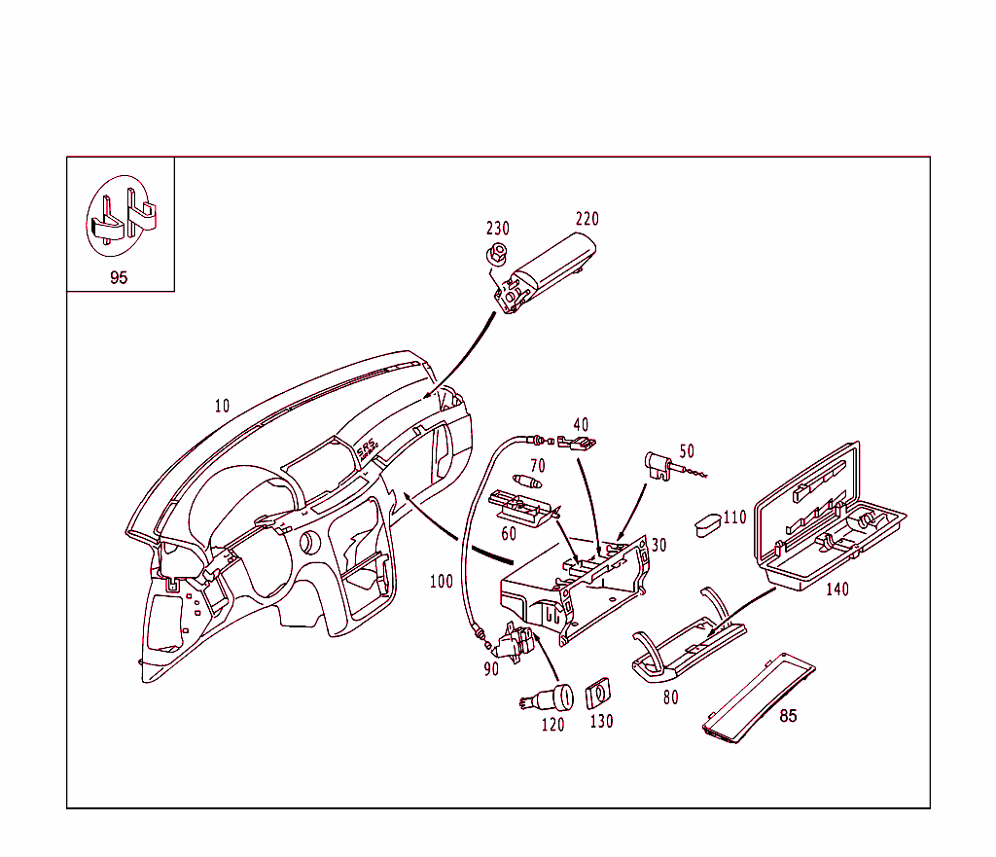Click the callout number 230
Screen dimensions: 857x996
tap(497, 229)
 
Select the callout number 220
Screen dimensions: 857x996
tap(587, 219)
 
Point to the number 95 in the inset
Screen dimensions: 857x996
tap(119, 277)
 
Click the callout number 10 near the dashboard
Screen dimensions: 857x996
tap(222, 406)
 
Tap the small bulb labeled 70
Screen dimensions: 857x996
tap(529, 482)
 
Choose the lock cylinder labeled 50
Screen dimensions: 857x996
tap(659, 465)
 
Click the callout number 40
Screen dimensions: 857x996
tap(581, 425)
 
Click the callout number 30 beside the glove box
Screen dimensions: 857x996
tap(659, 546)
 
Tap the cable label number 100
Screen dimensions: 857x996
tap(441, 582)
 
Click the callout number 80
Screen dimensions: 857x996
tap(670, 697)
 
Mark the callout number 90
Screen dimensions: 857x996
tap(491, 668)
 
